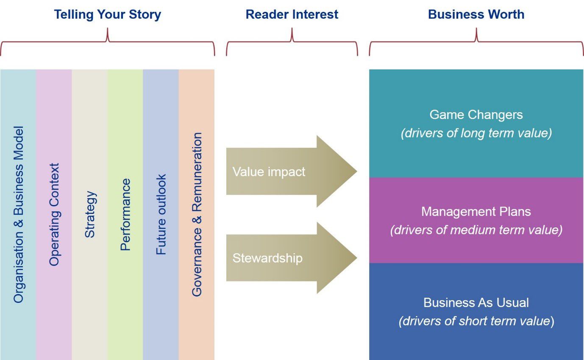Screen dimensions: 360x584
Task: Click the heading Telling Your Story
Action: point(107,14)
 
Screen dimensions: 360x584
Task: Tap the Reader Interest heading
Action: point(292,14)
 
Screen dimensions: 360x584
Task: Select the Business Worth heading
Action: point(476,14)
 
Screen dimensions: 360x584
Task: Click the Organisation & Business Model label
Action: point(18,214)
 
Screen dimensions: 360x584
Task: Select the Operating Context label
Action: point(54,214)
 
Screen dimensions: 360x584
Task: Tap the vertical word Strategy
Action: point(89,214)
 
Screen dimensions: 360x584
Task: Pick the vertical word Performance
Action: point(125,214)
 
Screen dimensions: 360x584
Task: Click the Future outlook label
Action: point(161,214)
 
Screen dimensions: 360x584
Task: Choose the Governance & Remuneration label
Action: point(197,214)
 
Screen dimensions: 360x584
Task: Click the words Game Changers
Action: point(476,115)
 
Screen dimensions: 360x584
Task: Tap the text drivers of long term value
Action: point(476,133)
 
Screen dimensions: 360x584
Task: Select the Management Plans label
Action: point(476,211)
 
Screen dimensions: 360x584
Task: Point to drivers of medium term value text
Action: point(476,230)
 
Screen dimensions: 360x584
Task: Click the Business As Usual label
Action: point(476,302)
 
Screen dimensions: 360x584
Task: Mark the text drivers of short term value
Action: point(476,321)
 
